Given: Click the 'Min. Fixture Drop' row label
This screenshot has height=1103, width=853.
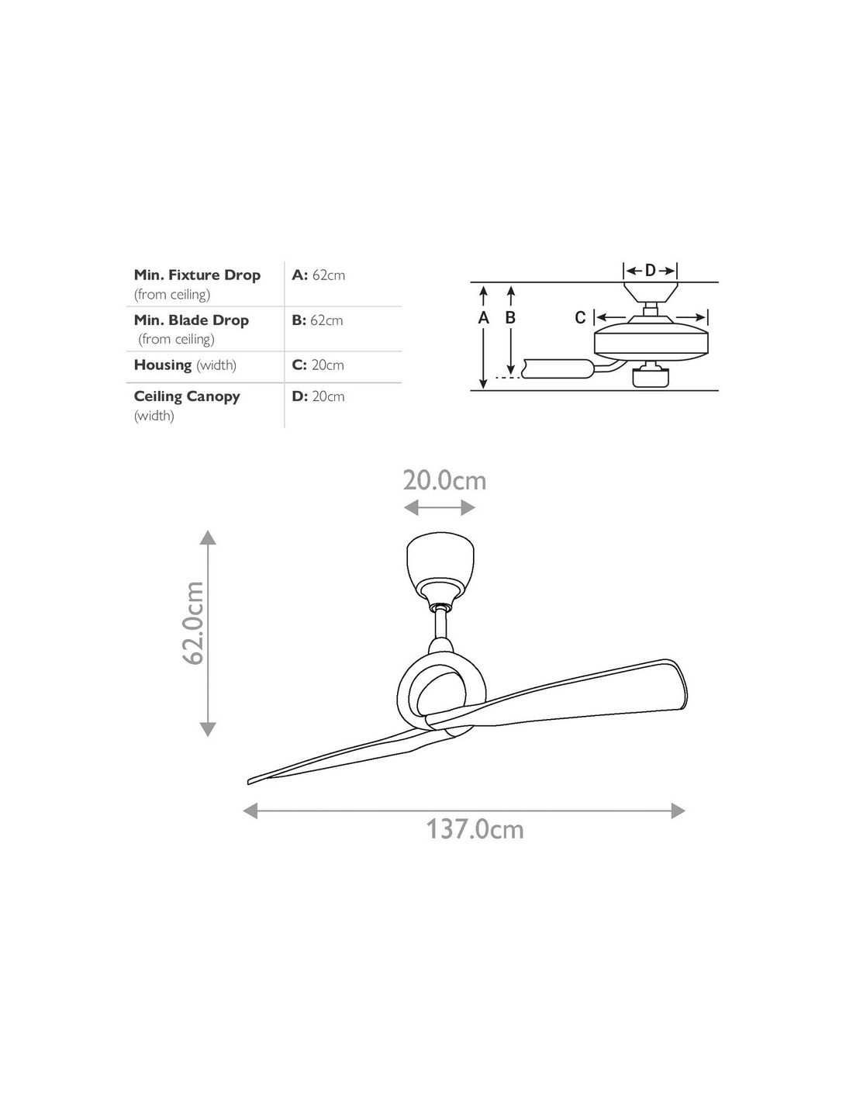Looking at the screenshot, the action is pyautogui.click(x=197, y=275).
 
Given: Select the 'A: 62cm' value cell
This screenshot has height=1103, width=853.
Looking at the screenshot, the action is pyautogui.click(x=318, y=275).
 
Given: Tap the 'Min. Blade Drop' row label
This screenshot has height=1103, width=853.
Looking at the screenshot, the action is pyautogui.click(x=192, y=320).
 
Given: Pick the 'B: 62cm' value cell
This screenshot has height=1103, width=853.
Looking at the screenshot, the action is pyautogui.click(x=317, y=320).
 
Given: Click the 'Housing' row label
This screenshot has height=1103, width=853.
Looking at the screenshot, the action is pyautogui.click(x=163, y=365).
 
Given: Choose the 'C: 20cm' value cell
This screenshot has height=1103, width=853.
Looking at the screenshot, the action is pyautogui.click(x=318, y=365).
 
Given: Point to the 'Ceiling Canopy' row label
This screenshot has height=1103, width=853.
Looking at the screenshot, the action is pyautogui.click(x=187, y=396).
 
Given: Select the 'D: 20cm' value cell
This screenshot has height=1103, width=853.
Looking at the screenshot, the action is pyautogui.click(x=318, y=396).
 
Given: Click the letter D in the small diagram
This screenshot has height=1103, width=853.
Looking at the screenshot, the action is pyautogui.click(x=650, y=271).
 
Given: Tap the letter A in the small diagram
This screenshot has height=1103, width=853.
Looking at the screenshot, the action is pyautogui.click(x=484, y=318).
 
